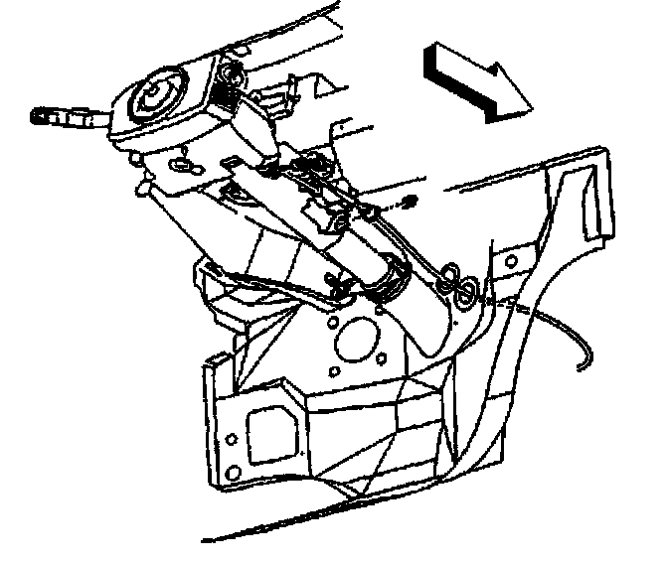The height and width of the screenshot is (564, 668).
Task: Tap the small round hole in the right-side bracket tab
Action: coord(510,261)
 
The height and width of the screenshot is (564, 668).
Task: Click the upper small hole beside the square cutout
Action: coord(230,438)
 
